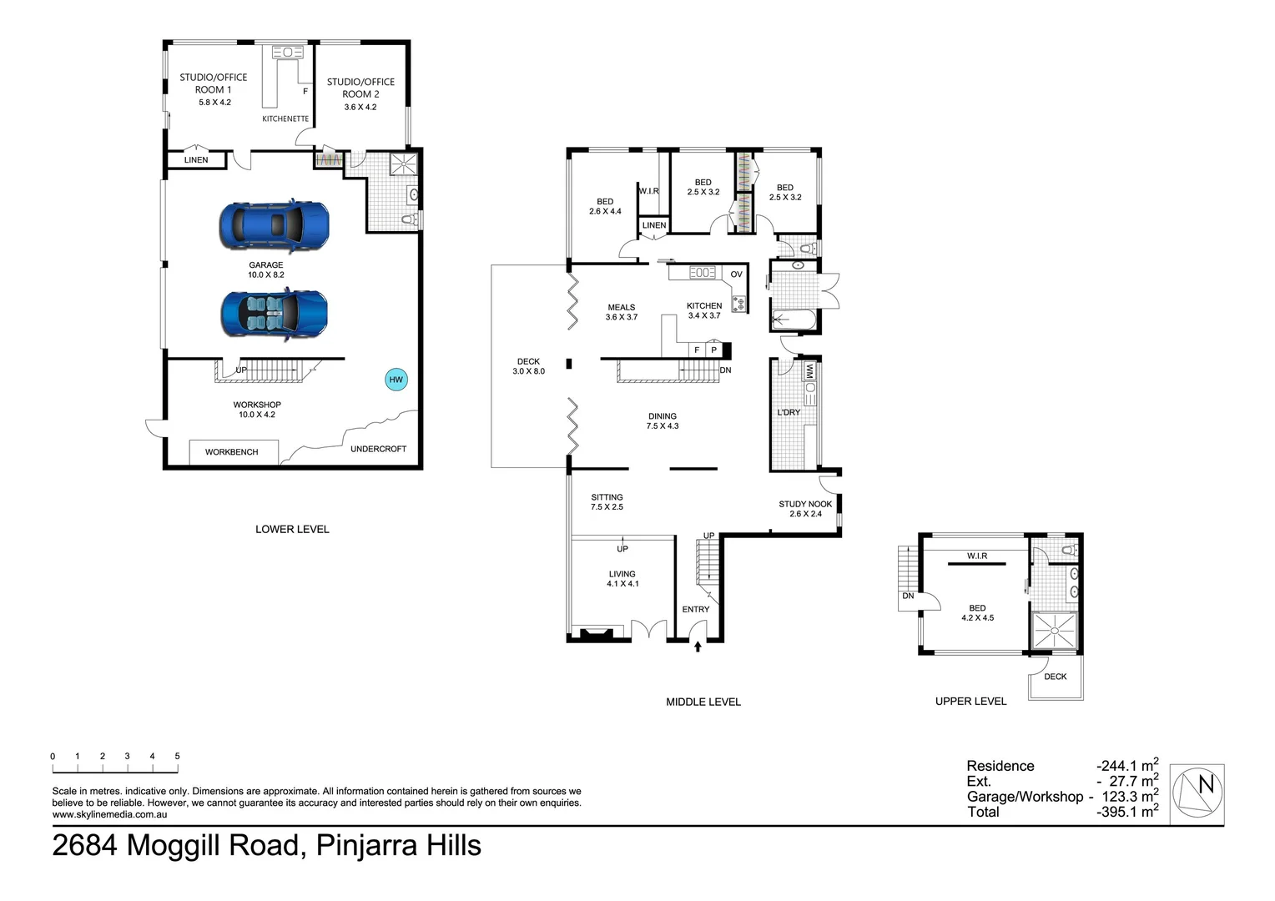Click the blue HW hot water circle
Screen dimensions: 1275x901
click(396, 380)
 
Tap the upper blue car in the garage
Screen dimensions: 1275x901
click(275, 225)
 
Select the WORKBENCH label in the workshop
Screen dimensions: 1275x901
click(232, 452)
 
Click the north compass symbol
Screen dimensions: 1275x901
click(1197, 794)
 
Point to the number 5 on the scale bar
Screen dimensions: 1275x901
click(177, 757)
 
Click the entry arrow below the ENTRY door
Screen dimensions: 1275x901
click(698, 646)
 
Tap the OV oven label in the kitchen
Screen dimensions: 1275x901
click(737, 274)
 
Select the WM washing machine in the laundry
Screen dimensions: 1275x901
click(809, 372)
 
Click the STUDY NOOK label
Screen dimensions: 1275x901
click(805, 504)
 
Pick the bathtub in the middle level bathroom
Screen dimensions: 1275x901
click(794, 320)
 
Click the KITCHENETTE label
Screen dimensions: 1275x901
click(285, 119)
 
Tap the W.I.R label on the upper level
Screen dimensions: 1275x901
click(977, 556)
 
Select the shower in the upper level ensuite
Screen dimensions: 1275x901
click(1055, 630)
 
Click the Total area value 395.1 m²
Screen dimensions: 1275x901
click(1127, 811)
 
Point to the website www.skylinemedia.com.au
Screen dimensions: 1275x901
click(110, 814)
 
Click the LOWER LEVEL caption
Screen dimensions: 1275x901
click(292, 529)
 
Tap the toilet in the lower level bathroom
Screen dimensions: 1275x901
click(409, 219)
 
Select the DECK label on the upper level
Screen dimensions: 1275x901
click(1056, 677)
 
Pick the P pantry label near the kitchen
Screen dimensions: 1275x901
click(713, 350)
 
